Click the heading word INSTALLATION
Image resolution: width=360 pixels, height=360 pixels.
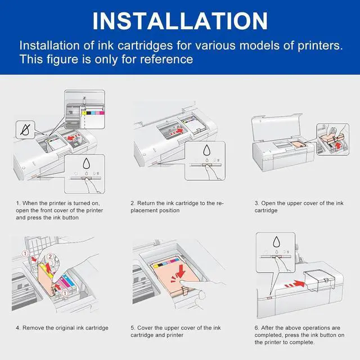coord(180,20)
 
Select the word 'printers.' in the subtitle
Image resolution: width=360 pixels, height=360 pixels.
coord(318,45)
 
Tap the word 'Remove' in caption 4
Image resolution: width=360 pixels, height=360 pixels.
coord(32,327)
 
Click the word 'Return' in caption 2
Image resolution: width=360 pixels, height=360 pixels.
coord(146,203)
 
